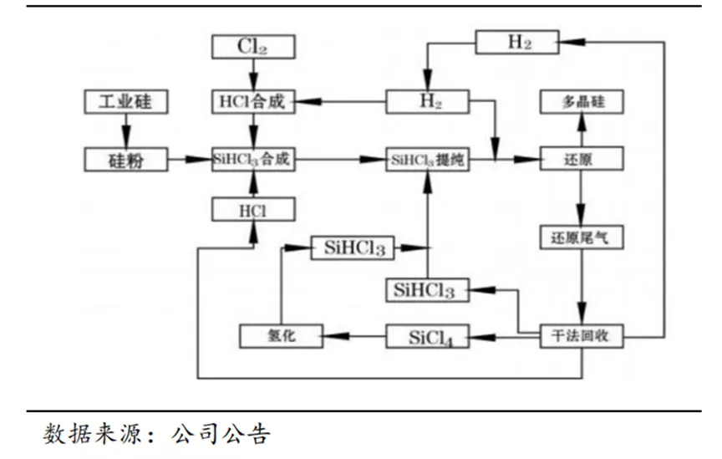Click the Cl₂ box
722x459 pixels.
tap(252, 47)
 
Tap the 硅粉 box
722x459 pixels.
tap(126, 159)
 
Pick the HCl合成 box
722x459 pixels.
tap(252, 102)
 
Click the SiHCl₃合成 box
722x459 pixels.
tap(252, 159)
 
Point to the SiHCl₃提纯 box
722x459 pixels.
tap(427, 159)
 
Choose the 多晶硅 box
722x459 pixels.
tap(580, 102)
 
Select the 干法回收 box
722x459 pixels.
tap(580, 337)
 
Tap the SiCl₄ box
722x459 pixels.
tap(427, 337)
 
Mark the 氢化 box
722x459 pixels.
tap(280, 337)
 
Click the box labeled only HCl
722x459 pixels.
tap(252, 210)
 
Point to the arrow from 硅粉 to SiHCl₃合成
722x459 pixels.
tap(189, 159)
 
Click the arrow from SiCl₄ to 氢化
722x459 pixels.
tap(354, 337)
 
